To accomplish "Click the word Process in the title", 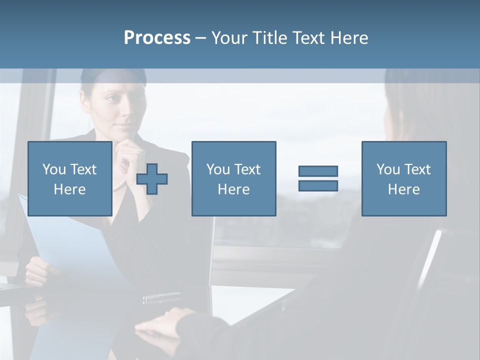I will (157, 38).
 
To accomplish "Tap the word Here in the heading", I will (349, 38).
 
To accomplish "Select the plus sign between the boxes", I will (152, 179).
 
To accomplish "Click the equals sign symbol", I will (318, 178).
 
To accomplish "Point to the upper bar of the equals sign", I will (318, 171).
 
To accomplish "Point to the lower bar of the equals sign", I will (318, 186).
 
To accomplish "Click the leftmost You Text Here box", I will (70, 178).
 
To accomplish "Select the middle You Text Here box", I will (233, 178).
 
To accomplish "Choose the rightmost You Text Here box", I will (404, 178).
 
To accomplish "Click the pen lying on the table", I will (161, 298).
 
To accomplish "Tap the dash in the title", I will (200, 38).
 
